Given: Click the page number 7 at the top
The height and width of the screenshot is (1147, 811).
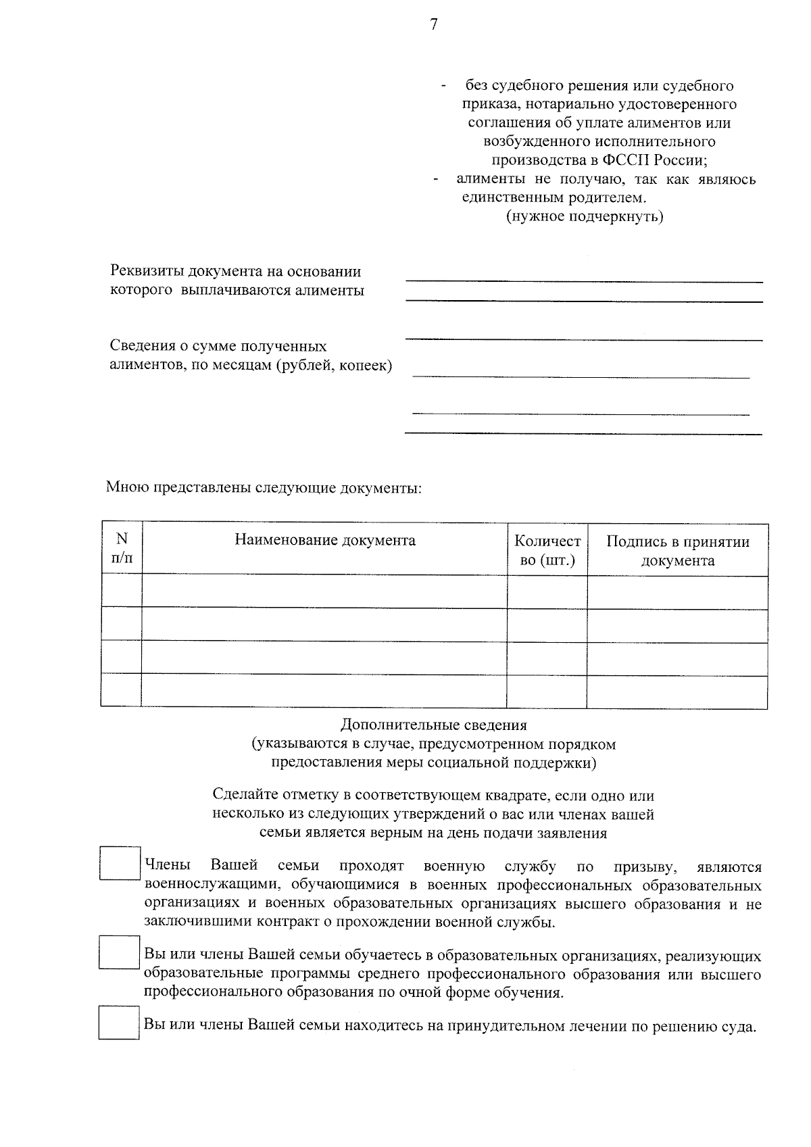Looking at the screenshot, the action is tap(433, 25).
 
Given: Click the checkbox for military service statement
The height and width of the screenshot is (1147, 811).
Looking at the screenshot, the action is tap(120, 863).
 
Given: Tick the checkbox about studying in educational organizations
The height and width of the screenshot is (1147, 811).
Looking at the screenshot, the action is tap(119, 952).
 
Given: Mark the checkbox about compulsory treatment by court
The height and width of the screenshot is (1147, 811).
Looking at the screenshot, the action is tap(118, 1023).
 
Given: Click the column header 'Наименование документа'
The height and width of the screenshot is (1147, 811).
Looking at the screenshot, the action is tap(325, 540).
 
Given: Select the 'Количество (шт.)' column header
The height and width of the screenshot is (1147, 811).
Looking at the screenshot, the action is tap(547, 550).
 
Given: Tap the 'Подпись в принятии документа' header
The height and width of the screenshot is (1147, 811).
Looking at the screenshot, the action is tap(677, 550).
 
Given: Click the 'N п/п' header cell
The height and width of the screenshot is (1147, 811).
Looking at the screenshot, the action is tap(122, 548).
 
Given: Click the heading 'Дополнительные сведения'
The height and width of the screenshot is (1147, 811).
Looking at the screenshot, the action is tap(433, 725).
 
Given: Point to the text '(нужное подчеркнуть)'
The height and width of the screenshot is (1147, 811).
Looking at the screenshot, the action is tap(585, 217).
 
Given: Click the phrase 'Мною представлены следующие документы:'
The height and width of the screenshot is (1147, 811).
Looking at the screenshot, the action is tap(264, 487).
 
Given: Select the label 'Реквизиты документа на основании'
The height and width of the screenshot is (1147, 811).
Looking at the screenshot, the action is tap(236, 272).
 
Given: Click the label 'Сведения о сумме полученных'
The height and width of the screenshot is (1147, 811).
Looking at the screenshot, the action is tap(218, 346).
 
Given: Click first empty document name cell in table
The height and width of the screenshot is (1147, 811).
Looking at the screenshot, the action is tap(324, 591).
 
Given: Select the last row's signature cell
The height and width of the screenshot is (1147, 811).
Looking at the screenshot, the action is tap(677, 691).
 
